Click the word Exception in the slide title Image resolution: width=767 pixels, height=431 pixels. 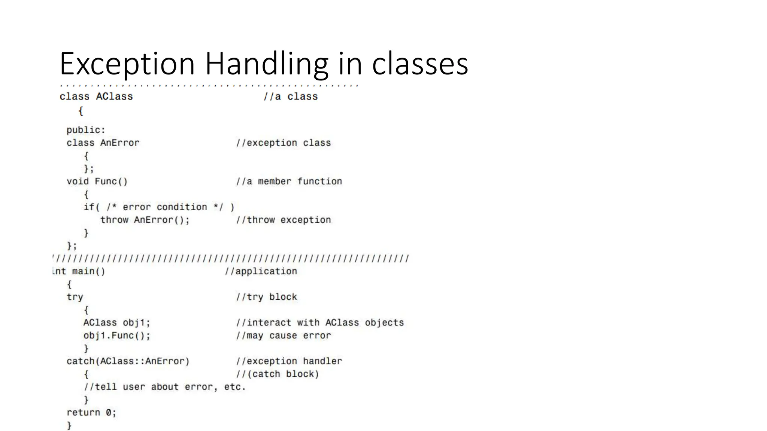[x=127, y=64]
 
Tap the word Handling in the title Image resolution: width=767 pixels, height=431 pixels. [x=266, y=64]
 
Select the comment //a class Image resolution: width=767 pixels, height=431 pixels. [x=290, y=97]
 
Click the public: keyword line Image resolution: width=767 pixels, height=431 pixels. [x=86, y=130]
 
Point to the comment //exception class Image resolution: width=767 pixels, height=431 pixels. [x=283, y=143]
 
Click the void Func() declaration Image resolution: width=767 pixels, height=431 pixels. [x=97, y=181]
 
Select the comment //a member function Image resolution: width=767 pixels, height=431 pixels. [x=289, y=181]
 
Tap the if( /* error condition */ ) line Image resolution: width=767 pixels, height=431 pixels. [x=159, y=207]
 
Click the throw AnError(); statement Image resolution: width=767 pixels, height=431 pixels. [x=145, y=220]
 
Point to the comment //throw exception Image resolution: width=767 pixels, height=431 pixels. [x=283, y=220]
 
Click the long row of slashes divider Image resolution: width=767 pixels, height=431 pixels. [x=231, y=259]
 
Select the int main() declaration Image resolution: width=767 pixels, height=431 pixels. [x=79, y=271]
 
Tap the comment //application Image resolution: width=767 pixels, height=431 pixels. [x=261, y=271]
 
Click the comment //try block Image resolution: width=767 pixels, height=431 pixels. [x=266, y=297]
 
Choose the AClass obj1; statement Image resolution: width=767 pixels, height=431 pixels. [x=116, y=323]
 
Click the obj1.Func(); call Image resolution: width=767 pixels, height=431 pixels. [x=116, y=336]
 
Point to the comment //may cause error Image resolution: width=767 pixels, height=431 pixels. [x=283, y=336]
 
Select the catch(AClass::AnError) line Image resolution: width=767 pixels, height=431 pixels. [x=128, y=361]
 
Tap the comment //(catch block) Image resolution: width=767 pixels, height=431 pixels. [x=277, y=374]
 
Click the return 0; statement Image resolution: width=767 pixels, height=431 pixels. [x=91, y=413]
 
